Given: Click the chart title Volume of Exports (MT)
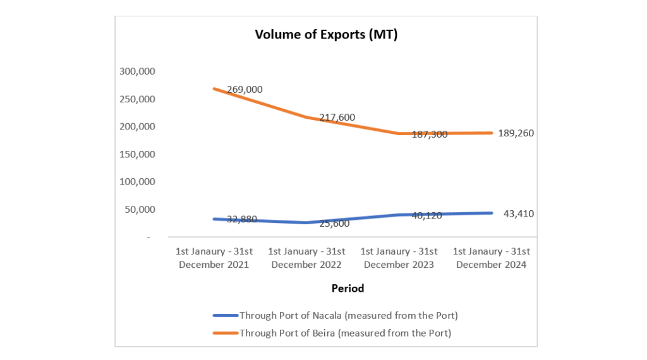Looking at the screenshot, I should [x=326, y=35].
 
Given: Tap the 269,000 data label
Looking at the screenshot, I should [x=245, y=90].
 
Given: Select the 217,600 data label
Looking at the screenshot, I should [x=337, y=117].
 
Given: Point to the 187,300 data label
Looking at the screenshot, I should [x=429, y=135].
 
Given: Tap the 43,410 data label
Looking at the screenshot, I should [x=519, y=214].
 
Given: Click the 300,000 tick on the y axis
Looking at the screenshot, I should [x=137, y=71].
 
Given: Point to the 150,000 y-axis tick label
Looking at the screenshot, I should [x=137, y=154].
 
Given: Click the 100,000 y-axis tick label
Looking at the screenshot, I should [x=137, y=182].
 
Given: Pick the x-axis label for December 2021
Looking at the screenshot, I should [x=214, y=258].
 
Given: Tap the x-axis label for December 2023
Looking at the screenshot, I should [x=399, y=258].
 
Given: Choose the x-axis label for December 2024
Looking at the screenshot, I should [x=492, y=258].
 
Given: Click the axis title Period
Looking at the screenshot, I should [x=348, y=289].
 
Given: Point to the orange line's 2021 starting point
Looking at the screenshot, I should [x=214, y=88].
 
